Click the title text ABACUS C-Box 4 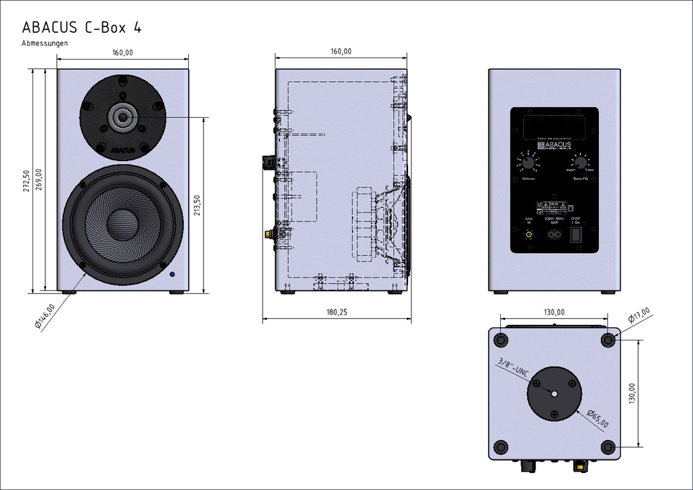click(81, 27)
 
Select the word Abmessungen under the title click(45, 43)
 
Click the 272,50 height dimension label click(26, 181)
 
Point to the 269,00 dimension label click(39, 181)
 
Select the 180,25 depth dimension click(336, 313)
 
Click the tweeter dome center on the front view click(122, 117)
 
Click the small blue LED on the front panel click(173, 275)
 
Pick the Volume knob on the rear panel click(529, 163)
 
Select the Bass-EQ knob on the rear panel click(579, 162)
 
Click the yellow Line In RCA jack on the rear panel click(529, 235)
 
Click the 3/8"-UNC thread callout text click(512, 368)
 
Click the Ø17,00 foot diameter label click(639, 316)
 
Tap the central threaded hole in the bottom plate click(554, 393)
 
